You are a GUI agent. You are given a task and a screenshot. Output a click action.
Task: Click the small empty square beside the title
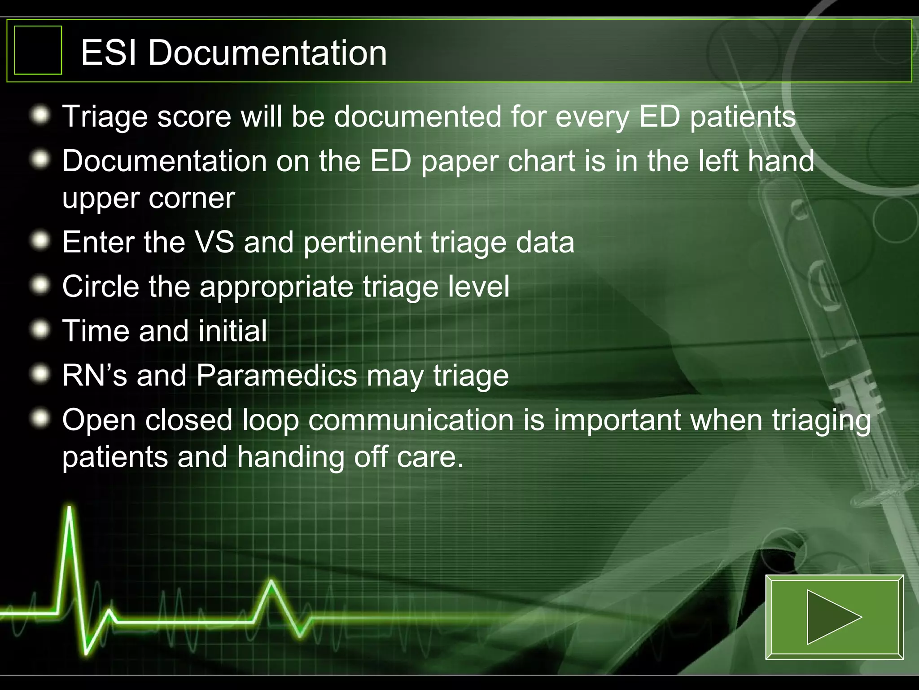(38, 50)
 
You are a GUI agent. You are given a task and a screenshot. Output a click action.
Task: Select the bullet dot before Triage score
(41, 115)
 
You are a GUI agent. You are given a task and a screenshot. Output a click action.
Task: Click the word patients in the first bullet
(743, 117)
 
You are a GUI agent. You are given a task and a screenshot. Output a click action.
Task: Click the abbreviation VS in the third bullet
(214, 242)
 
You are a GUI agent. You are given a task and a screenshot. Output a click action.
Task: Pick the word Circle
(101, 286)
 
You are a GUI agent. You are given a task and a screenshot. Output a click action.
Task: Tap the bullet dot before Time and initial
(41, 330)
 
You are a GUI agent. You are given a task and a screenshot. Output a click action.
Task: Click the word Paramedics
(277, 375)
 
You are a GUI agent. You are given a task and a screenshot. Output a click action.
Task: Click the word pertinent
(363, 243)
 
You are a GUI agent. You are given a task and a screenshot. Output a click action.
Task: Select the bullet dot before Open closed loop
(41, 419)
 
